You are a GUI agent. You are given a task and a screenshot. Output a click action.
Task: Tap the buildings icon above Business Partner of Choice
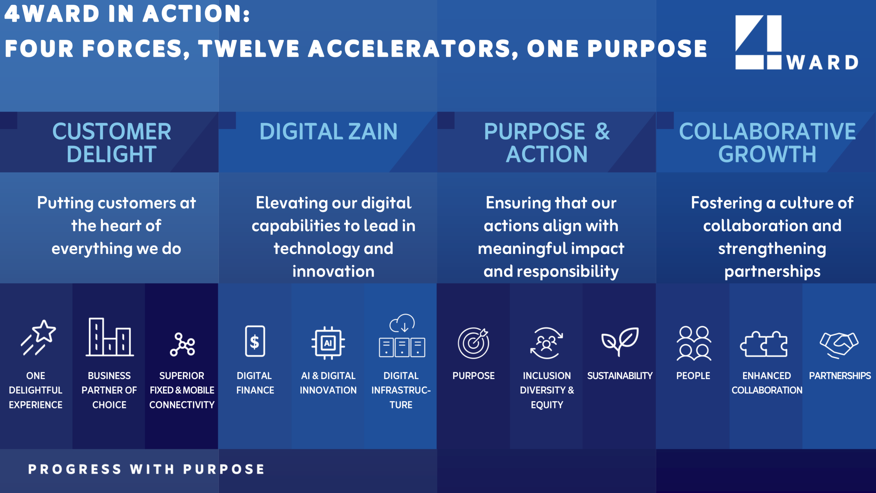109,337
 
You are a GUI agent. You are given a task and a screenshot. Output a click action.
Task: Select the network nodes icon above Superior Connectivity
182,344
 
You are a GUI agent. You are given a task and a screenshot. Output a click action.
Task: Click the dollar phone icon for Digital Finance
255,341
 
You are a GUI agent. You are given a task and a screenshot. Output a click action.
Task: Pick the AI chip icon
328,343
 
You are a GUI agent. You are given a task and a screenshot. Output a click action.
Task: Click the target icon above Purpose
474,343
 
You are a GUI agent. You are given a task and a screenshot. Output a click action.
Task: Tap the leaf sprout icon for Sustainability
620,342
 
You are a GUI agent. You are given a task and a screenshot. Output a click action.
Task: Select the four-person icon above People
694,343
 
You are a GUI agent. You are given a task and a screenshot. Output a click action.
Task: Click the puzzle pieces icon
764,344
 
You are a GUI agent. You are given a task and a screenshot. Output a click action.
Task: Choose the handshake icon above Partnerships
839,345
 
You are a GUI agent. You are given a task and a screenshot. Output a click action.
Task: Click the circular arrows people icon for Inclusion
546,343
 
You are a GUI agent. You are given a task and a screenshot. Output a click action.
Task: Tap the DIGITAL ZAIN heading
328,131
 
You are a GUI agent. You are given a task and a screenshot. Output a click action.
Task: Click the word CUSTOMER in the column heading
112,131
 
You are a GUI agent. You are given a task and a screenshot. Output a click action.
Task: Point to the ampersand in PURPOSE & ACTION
602,131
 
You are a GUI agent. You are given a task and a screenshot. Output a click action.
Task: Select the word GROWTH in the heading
767,154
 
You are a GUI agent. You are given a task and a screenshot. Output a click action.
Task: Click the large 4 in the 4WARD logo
759,42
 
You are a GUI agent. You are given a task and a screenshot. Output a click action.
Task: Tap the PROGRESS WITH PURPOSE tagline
146,469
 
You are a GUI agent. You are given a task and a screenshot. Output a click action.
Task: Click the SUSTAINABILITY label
620,376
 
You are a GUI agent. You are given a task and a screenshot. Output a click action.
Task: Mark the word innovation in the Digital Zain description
333,271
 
